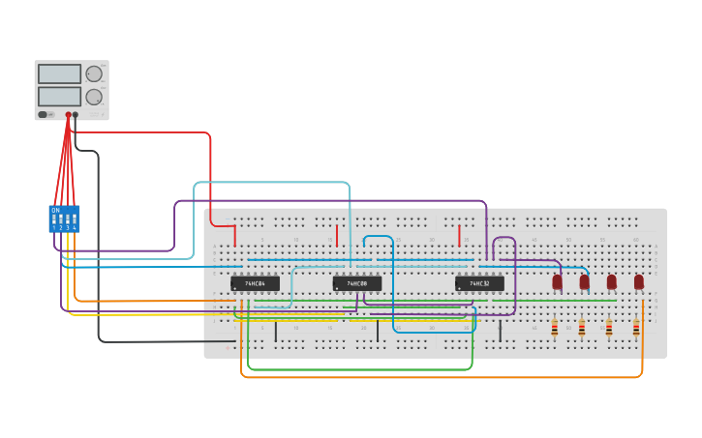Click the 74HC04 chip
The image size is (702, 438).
coord(255,283)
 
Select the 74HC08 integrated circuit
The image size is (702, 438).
coord(356,283)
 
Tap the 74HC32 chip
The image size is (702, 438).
coord(479,283)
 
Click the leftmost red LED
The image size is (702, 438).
coord(557,281)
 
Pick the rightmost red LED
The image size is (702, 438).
coord(639,281)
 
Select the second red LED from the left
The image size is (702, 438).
coord(584,281)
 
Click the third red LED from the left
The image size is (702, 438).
coord(611,281)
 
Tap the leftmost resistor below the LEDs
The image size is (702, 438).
coord(555,329)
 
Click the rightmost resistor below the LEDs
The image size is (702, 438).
coord(636,329)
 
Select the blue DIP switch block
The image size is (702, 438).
coord(64,219)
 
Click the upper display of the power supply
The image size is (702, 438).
coord(59,74)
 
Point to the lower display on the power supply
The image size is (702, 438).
coord(59,97)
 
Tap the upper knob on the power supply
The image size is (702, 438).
coord(94,73)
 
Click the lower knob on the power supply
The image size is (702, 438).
coord(94,97)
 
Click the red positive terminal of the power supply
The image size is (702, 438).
coord(68,115)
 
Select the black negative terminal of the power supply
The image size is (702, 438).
coord(76,115)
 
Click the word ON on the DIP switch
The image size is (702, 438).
coord(55,210)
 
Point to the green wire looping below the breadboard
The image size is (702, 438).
coord(358,369)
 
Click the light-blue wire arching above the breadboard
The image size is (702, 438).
coord(271,182)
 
